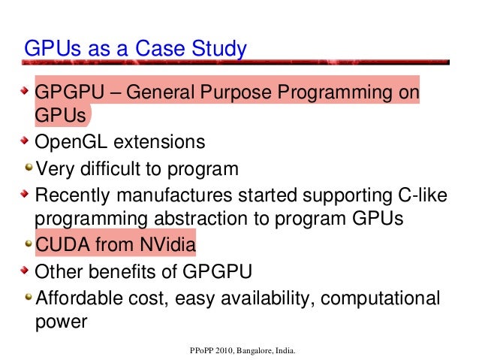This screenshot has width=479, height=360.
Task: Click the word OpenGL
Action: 71,141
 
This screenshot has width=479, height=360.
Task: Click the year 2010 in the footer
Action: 226,351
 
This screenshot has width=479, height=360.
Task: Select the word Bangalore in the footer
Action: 262,351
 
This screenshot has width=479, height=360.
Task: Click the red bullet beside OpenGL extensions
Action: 26,141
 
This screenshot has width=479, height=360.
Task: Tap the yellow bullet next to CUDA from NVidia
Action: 27,244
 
